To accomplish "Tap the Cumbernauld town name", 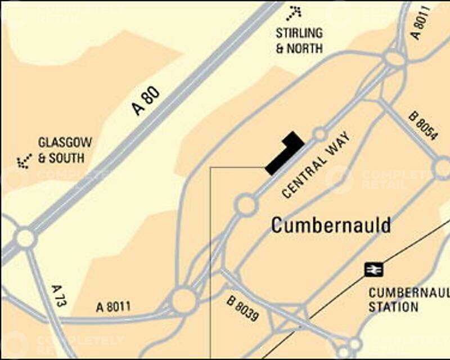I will pos(331,225).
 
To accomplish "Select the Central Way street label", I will pos(316,165).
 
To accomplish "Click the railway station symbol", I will pos(373,269).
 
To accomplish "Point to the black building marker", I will pos(284,152).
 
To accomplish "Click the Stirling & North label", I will pos(299,40).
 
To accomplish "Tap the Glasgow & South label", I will pos(65,150).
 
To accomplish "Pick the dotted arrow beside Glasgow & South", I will pos(24,162).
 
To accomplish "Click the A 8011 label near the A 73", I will pos(113,307).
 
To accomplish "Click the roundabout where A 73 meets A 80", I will pos(26,238).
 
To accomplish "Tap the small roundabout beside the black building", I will pos(320,134).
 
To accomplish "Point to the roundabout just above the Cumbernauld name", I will pos(246,205).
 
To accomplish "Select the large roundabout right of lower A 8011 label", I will pos(184,301).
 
